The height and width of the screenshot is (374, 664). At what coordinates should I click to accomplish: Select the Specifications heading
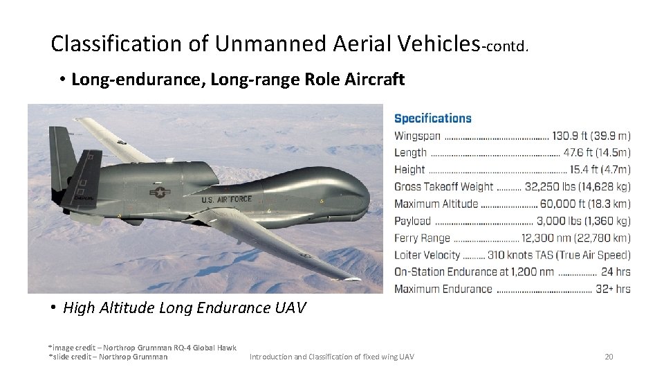pos(432,118)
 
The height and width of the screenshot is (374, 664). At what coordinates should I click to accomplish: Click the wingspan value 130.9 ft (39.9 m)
pos(591,136)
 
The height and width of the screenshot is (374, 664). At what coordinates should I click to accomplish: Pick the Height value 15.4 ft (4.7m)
pos(600,170)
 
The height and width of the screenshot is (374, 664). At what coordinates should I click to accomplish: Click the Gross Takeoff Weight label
pos(443,186)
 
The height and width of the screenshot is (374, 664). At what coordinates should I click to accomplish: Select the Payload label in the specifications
pos(412,221)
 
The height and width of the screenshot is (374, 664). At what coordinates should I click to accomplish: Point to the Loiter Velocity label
pos(427,255)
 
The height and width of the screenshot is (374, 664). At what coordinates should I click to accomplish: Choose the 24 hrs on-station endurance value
pos(616,271)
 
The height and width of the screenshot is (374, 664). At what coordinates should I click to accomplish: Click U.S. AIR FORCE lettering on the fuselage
pos(227,199)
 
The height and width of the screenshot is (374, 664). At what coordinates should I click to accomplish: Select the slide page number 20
pos(609,357)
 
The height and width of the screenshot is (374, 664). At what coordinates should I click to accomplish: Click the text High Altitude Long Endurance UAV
pos(184,308)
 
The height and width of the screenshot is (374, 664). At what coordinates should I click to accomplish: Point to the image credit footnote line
pos(142,348)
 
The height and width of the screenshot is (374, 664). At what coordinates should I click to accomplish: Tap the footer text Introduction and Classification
pos(331,357)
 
